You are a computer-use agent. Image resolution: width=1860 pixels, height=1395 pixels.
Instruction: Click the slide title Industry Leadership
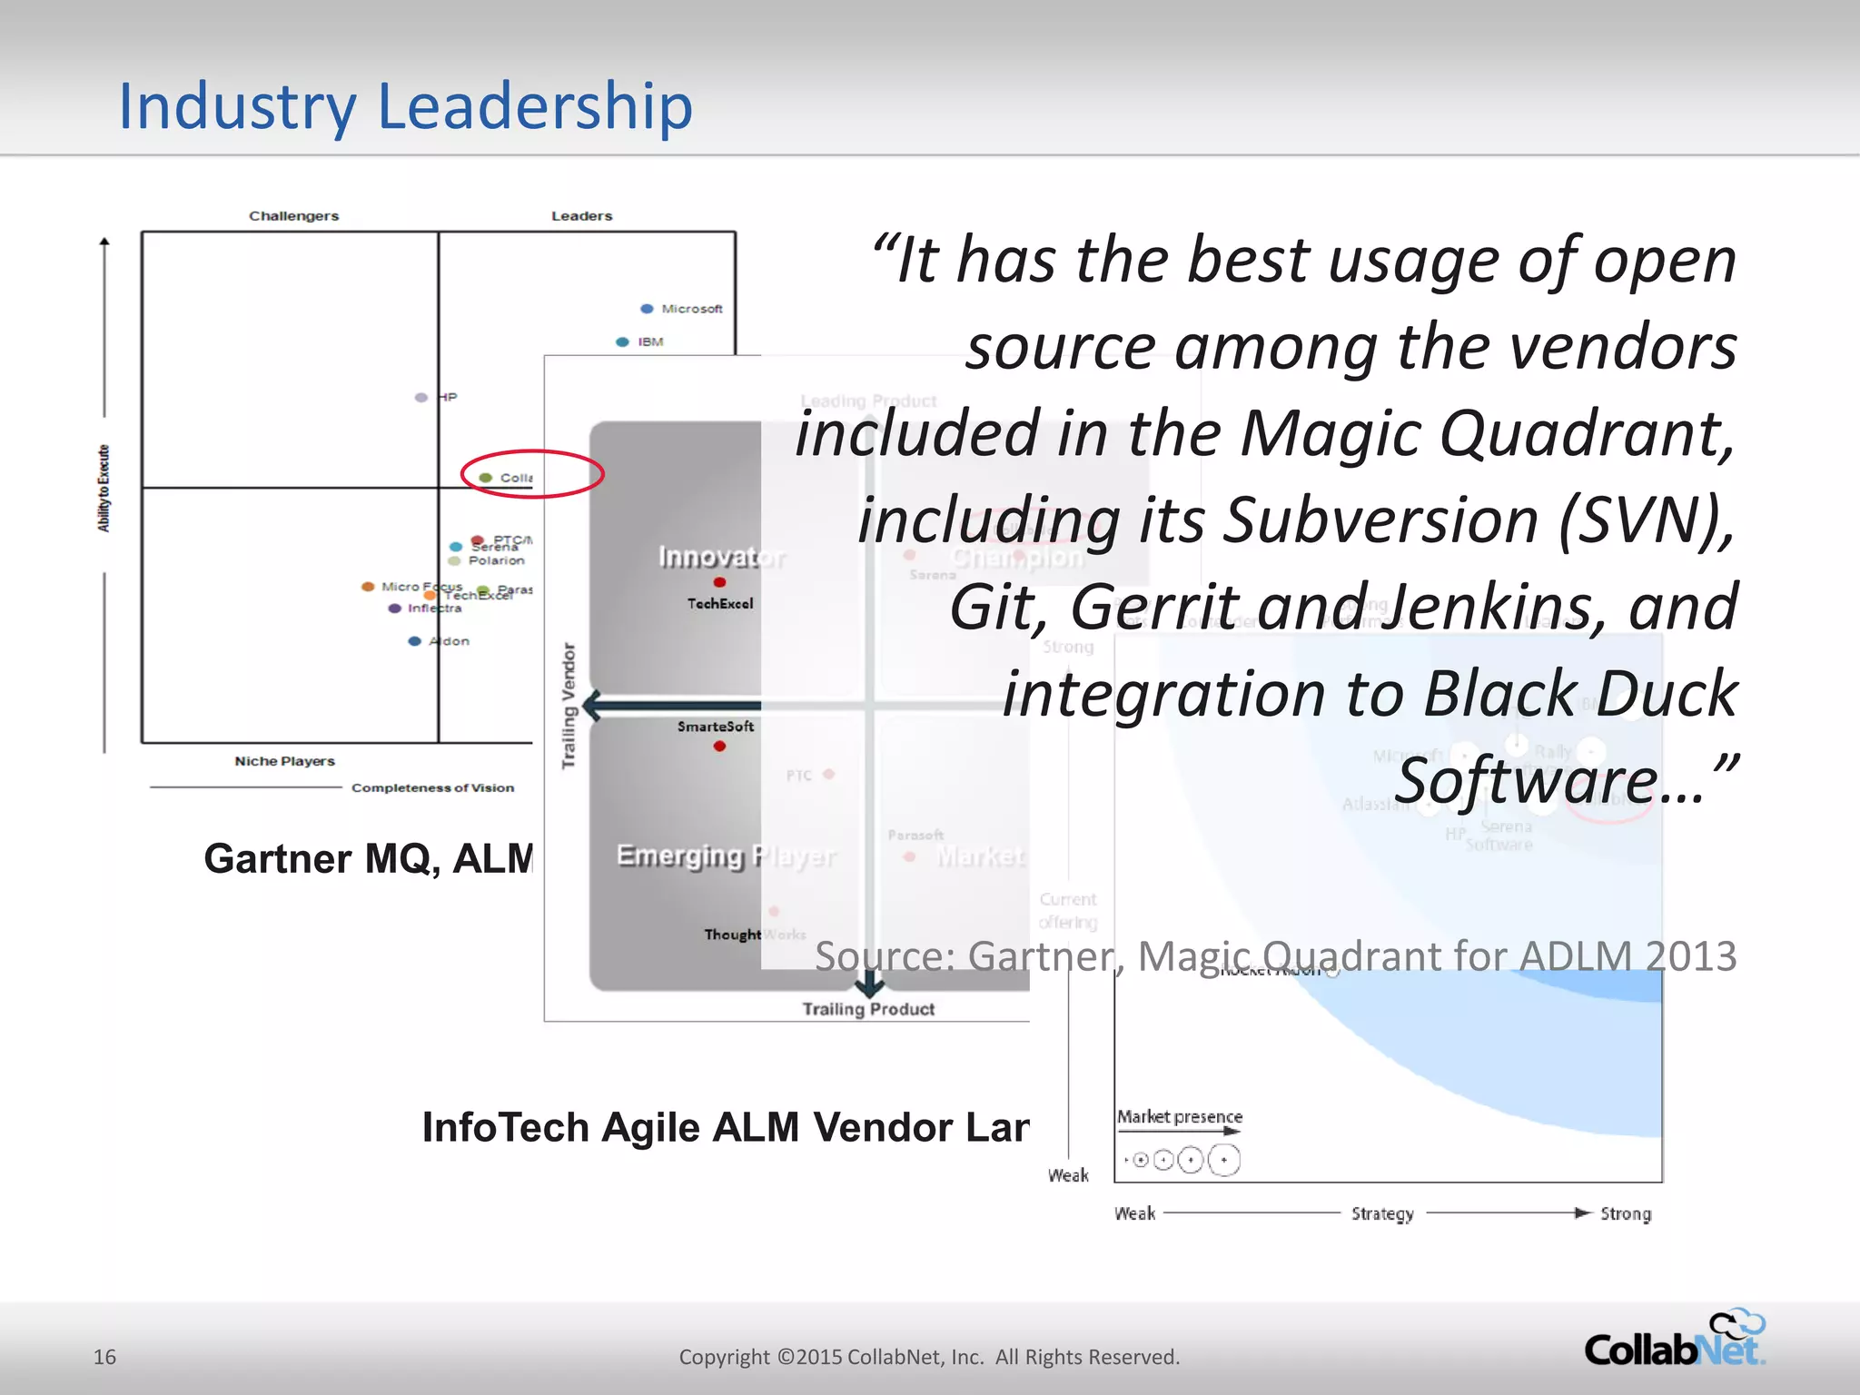pos(406,106)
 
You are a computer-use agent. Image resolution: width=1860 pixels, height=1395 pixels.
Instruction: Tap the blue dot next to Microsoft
pos(647,309)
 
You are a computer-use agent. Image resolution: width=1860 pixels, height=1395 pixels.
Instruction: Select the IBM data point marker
pos(622,342)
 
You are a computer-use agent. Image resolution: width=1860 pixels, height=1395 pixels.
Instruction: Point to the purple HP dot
pos(421,398)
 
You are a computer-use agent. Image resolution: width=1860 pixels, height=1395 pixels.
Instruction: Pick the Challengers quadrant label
pos(293,216)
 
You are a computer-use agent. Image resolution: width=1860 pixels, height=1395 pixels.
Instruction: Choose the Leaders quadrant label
pos(581,216)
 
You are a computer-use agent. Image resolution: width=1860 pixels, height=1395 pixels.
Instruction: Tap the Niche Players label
pos(284,761)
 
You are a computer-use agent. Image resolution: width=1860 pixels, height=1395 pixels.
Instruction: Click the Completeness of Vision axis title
pos(432,787)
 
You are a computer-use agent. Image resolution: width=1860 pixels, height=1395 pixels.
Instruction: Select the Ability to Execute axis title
pos(104,489)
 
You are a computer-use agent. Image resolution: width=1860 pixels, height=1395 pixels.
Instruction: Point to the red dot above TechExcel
pos(719,582)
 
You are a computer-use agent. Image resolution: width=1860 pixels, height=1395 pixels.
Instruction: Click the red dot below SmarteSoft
pos(719,747)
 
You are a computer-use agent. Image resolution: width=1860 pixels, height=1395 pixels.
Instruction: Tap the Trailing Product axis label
pos(868,1009)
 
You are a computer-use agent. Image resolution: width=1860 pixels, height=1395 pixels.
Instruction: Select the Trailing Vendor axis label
pos(569,707)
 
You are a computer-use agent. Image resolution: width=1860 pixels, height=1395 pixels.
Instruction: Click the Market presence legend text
pos(1179,1116)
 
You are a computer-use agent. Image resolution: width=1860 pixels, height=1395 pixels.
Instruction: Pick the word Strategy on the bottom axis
pos(1382,1214)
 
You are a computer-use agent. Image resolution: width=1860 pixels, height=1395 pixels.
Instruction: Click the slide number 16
pos(104,1357)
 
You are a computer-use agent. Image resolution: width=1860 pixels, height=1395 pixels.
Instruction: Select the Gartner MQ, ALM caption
pos(368,858)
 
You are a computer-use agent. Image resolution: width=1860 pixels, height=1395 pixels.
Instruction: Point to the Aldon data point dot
pos(415,641)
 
